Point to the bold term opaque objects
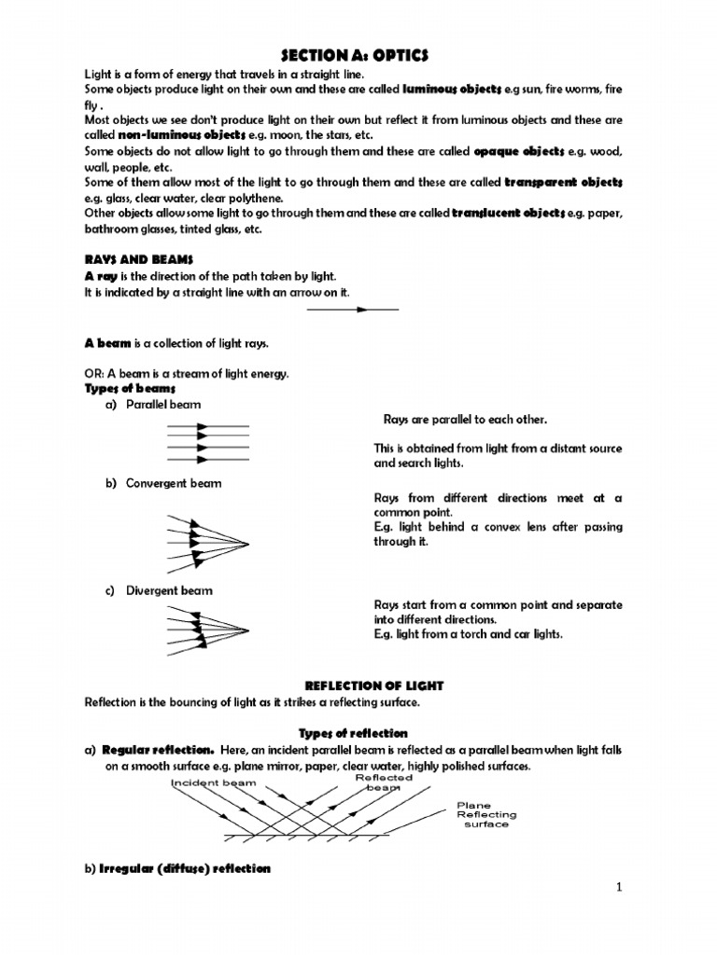tap(518, 151)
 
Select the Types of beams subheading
tap(130, 388)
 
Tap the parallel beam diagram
tap(207, 442)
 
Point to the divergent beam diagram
tap(205, 629)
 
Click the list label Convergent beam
tap(173, 483)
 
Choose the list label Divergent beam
tap(168, 590)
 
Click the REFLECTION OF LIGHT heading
tap(358, 686)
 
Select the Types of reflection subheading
tap(353, 733)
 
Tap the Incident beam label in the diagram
tap(214, 783)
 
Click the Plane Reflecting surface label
tap(485, 814)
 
